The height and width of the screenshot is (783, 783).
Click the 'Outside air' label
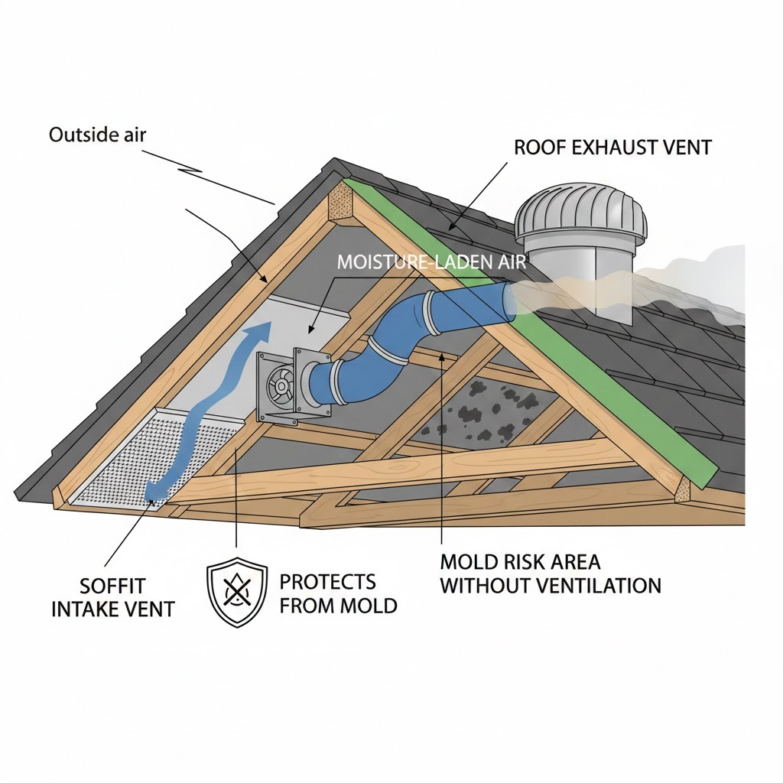pyautogui.click(x=97, y=135)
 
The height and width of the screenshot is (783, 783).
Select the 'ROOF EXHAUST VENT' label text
pyautogui.click(x=612, y=147)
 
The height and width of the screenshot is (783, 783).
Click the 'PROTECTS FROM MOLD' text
pyautogui.click(x=338, y=593)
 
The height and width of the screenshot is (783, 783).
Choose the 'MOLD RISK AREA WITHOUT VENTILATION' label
pyautogui.click(x=551, y=574)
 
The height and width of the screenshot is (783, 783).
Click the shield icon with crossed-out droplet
pyautogui.click(x=237, y=592)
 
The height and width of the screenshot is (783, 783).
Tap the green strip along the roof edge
pyautogui.click(x=581, y=336)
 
